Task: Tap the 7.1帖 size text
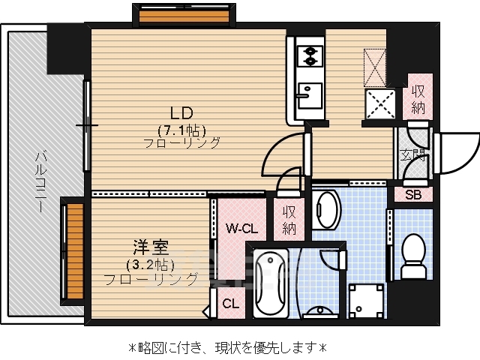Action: tap(181, 128)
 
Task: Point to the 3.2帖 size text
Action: tap(150, 264)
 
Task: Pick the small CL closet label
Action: tap(231, 304)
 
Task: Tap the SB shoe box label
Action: tap(413, 195)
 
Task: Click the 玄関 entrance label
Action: tap(412, 155)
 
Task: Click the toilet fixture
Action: tap(413, 254)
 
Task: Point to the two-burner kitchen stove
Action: tap(307, 55)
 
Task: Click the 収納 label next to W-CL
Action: tap(289, 220)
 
